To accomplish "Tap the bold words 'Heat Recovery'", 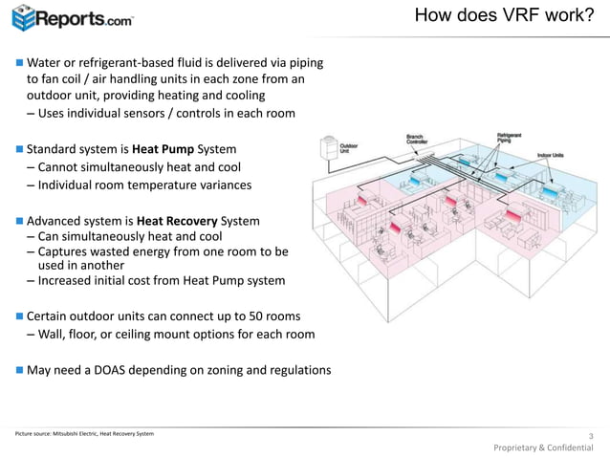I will pos(183,221).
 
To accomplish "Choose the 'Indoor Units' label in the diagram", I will pos(551,154).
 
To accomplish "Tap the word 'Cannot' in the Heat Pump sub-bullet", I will pos(60,167).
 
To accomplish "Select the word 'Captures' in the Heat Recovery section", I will pos(65,251).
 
